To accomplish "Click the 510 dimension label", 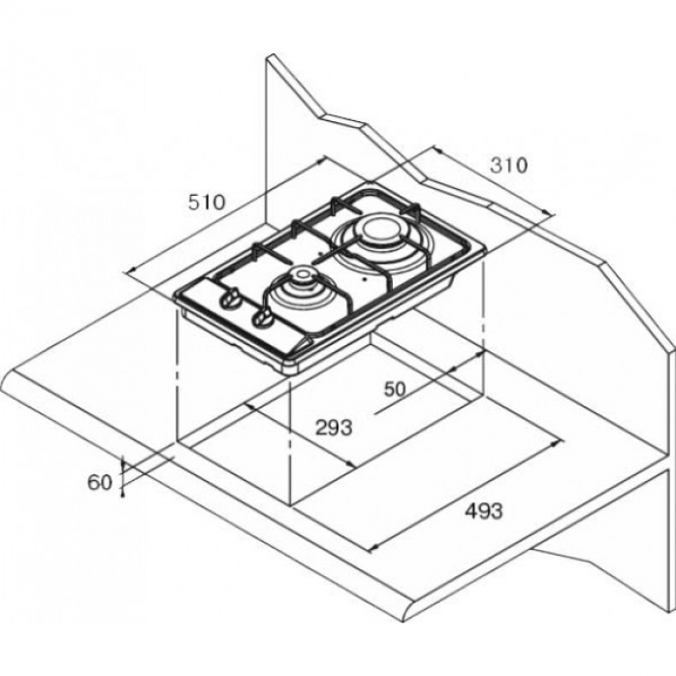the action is pos(207,202).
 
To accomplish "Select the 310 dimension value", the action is pos(509,165).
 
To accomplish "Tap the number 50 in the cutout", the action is pos(395,389).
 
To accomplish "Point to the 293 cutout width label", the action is pos(334,428).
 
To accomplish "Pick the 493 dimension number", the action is pos(484,511).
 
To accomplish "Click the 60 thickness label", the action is pos(100,482).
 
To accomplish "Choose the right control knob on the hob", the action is pos(263,319).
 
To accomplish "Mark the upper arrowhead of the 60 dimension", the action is pos(123,465).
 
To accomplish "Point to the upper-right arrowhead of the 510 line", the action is pos(321,160).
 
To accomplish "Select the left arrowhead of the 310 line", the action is pos(437,150).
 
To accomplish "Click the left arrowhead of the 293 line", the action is pos(250,406).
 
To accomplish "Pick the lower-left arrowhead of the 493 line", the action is pos(374,548).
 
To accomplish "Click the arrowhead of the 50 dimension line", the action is pos(479,355).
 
